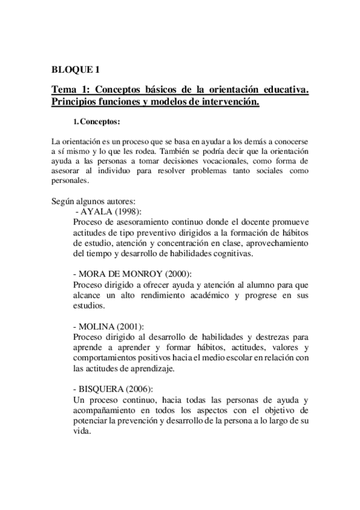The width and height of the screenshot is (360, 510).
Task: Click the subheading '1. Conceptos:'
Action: (x=96, y=122)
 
